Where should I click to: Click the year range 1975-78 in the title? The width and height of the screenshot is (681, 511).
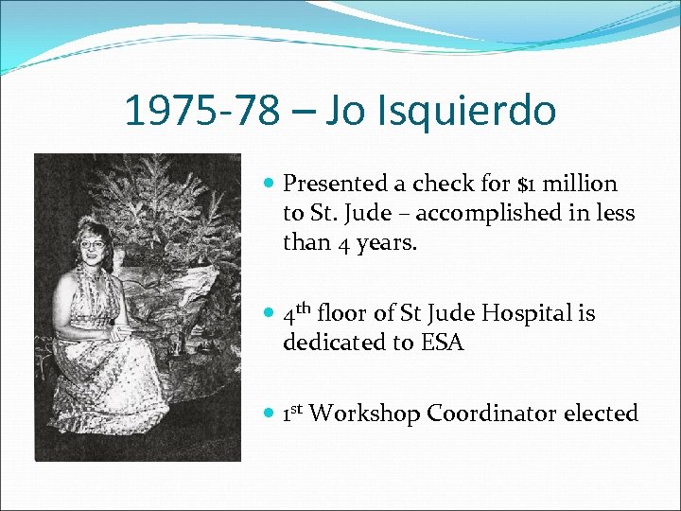201,112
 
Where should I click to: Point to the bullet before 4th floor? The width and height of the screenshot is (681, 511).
268,314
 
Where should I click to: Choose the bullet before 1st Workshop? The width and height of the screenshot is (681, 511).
268,414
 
